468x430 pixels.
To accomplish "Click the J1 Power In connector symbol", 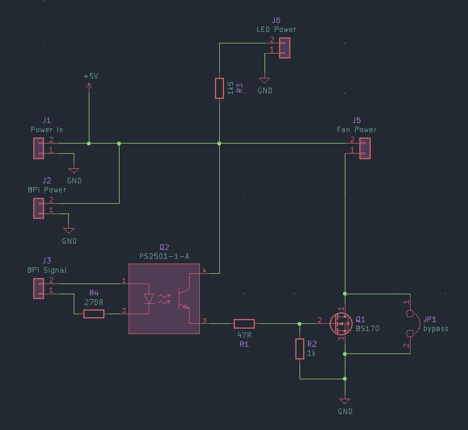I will (x=39, y=148).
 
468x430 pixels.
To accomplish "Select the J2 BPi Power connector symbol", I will (x=39, y=208).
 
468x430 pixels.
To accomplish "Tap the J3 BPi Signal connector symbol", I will (x=39, y=288).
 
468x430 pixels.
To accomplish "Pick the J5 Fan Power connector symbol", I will (x=364, y=148).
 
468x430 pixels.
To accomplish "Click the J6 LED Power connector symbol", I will (x=284, y=48).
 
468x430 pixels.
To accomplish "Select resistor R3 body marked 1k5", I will (x=219, y=88).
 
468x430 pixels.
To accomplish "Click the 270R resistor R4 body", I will (x=94, y=314).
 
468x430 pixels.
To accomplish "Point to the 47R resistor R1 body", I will (x=244, y=323).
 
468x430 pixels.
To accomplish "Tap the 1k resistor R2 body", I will (x=300, y=349).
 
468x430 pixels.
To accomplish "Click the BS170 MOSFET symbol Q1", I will (x=341, y=324).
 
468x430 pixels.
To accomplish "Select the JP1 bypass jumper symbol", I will (x=411, y=324).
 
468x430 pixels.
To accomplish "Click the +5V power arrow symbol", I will (x=89, y=88).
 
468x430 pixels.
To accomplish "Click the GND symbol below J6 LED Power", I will (x=264, y=80).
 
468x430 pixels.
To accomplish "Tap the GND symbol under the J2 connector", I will (x=69, y=231).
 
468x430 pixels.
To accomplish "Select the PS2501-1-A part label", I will (x=164, y=256).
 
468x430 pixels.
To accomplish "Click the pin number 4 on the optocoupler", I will (x=204, y=271).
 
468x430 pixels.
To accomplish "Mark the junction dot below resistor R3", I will (x=219, y=144).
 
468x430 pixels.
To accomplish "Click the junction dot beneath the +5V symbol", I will (x=89, y=144).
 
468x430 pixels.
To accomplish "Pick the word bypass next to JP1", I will (x=435, y=329).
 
